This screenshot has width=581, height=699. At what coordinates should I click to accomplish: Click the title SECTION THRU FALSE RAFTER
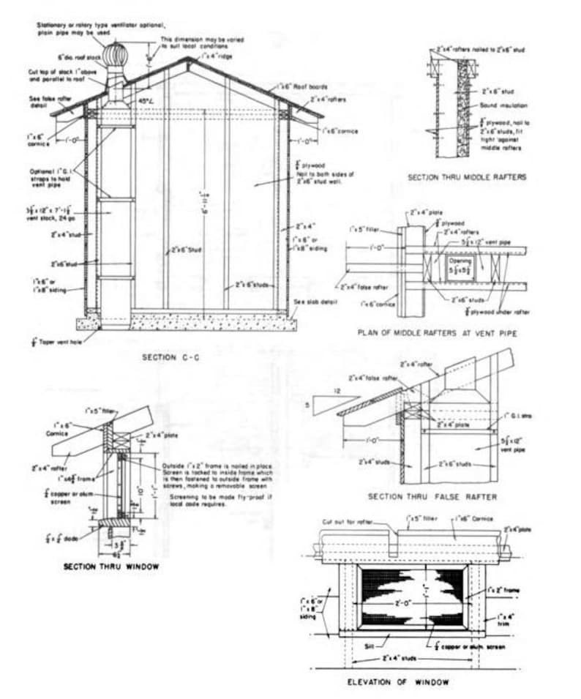coord(433,497)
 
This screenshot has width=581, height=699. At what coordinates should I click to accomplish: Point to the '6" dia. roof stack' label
coord(79,56)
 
